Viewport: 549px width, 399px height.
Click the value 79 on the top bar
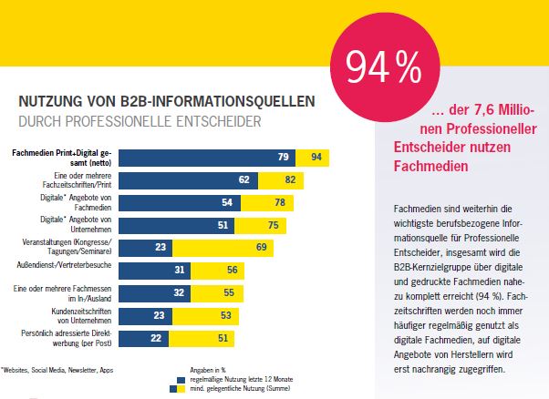283,158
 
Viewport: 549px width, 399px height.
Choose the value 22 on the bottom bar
157,337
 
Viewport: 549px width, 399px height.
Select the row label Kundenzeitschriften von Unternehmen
82,314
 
